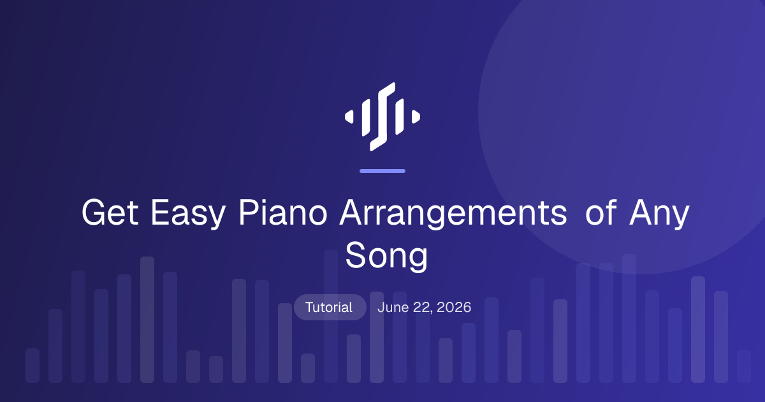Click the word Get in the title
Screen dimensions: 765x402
click(x=110, y=212)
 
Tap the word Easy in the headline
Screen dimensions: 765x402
click(x=188, y=214)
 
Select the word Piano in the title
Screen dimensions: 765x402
click(x=283, y=212)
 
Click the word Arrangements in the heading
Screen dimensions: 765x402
click(x=453, y=214)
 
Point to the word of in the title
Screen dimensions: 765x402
click(x=601, y=212)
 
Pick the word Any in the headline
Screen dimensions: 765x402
click(x=659, y=214)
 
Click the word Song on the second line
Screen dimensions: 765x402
click(x=386, y=257)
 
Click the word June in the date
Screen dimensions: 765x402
click(x=393, y=308)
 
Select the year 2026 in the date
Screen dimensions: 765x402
click(x=454, y=308)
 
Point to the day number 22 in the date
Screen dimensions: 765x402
click(x=423, y=308)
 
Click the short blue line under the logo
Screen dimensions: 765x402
click(x=382, y=171)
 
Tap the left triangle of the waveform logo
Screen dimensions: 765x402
click(x=349, y=117)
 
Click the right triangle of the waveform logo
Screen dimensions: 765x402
click(x=416, y=117)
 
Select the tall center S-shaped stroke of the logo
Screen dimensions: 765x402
click(x=382, y=117)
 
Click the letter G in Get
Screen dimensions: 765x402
click(x=94, y=212)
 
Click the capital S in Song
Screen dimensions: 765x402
click(x=356, y=255)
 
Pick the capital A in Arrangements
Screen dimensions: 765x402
click(x=352, y=212)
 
